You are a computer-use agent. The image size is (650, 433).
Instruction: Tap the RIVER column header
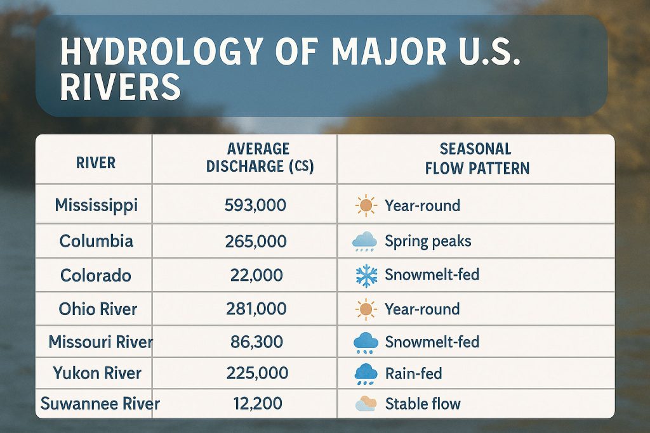(96, 163)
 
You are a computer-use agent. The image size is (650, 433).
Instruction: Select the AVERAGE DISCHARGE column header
(260, 157)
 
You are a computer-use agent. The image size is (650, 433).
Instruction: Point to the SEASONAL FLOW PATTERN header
(477, 158)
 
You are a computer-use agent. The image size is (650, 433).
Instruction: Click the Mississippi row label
(96, 205)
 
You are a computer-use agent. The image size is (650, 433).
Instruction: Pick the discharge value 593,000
(255, 205)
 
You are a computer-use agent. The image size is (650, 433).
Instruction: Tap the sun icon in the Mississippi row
(366, 205)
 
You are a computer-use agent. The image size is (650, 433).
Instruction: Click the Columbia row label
(96, 241)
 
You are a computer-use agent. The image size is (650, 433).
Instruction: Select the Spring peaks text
(428, 242)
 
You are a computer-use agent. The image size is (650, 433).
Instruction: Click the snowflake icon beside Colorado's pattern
(366, 276)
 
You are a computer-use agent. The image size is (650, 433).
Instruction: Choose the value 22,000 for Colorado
(256, 275)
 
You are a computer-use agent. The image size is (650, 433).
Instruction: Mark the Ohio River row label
(98, 309)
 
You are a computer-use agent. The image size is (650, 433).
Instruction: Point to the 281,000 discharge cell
(256, 309)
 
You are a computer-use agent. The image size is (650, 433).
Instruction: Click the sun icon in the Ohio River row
(366, 309)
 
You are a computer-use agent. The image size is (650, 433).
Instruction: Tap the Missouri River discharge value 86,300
(256, 342)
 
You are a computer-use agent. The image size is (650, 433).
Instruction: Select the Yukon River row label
(97, 373)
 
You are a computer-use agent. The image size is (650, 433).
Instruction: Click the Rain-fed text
(413, 374)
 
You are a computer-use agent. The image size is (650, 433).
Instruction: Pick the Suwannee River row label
(100, 404)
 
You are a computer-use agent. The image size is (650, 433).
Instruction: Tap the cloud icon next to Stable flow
(366, 404)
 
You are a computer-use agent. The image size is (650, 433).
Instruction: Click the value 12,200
(258, 404)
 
